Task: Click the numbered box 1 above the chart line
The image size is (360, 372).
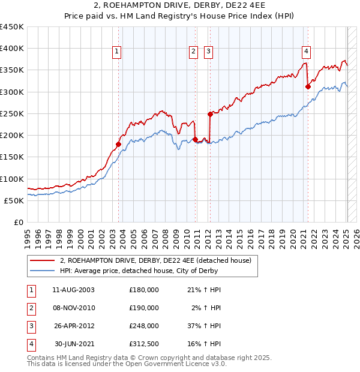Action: click(116, 52)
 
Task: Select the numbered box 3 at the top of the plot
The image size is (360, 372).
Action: click(208, 52)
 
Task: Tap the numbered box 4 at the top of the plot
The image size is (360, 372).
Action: click(306, 52)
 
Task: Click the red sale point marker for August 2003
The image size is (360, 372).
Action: click(118, 144)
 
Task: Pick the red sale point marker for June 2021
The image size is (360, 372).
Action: click(308, 86)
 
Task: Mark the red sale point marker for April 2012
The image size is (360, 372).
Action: click(210, 114)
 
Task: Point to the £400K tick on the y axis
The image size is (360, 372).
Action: click(11, 49)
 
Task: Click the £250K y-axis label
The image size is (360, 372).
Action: click(11, 113)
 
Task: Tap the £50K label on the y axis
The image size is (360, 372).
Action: click(14, 200)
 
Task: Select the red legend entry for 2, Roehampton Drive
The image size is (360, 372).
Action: click(158, 260)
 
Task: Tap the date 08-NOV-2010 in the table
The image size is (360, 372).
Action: click(74, 308)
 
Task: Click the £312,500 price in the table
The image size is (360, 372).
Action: click(144, 344)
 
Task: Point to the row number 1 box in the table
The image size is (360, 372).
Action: click(31, 290)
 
